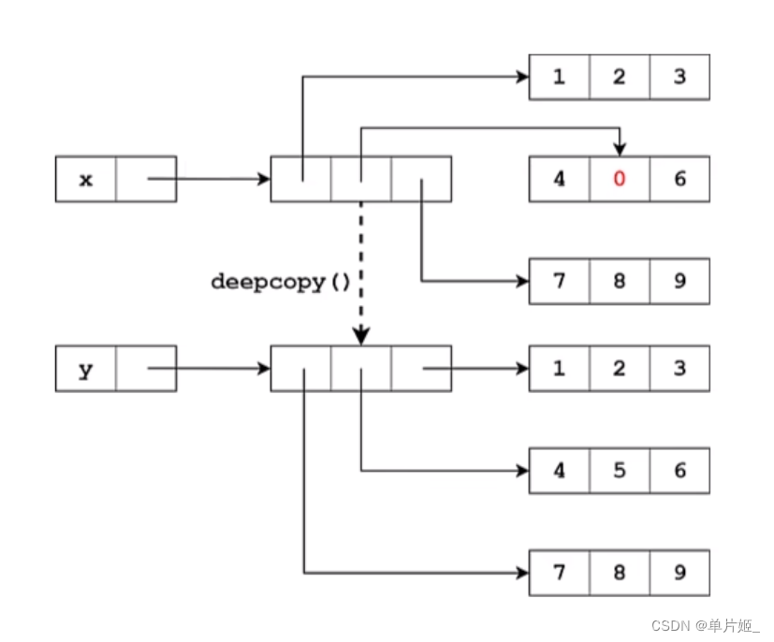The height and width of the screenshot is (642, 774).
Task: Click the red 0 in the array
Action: coord(619,179)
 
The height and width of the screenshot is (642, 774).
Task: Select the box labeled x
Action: coord(86,179)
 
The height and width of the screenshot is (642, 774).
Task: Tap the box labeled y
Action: coord(86,369)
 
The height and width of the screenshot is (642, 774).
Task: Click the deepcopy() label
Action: coord(280,281)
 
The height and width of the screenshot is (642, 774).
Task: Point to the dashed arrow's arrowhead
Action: coord(361,335)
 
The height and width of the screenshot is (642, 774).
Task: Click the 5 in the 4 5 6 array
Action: coord(619,471)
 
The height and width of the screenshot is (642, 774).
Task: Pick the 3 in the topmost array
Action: coord(679,77)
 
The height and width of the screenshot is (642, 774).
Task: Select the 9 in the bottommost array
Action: coord(679,573)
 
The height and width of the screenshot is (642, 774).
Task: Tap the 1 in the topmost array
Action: coord(559,77)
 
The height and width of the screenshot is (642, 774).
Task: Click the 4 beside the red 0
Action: coord(559,179)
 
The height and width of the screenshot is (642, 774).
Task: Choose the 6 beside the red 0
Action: coord(679,179)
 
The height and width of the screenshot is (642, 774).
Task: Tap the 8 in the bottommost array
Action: coord(619,573)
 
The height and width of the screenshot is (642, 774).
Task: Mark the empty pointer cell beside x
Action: coord(145,179)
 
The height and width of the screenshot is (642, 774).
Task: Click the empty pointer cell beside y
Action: coord(145,369)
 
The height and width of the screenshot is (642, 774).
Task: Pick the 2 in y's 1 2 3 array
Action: coord(619,369)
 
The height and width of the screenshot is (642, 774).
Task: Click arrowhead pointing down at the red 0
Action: coord(619,149)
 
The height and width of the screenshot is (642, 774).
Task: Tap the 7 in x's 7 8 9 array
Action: coord(559,281)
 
